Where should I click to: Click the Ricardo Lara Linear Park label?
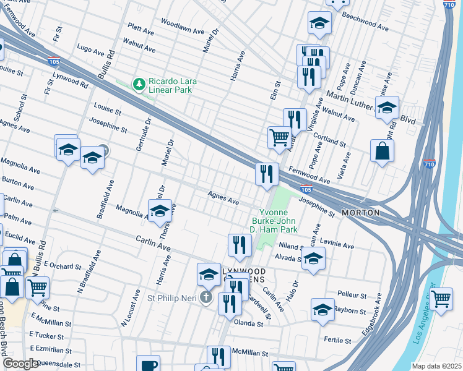click(169, 85)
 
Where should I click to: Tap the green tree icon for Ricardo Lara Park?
click(140, 83)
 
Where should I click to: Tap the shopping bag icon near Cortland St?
click(383, 151)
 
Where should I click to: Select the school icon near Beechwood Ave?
click(319, 23)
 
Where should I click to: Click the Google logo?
click(21, 364)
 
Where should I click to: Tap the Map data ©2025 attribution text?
click(436, 366)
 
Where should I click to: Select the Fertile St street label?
click(337, 340)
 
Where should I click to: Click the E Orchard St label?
click(63, 267)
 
